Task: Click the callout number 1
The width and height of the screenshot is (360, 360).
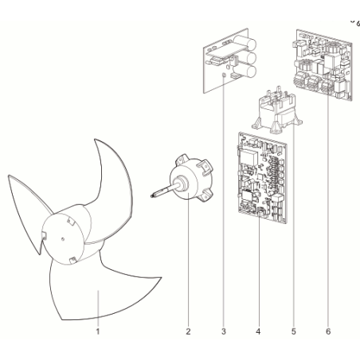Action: (98, 331)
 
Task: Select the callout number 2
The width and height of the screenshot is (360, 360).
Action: (188, 331)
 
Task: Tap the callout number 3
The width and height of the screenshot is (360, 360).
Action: (223, 331)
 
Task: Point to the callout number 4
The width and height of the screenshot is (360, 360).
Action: (258, 331)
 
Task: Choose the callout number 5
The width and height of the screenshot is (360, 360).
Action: (293, 331)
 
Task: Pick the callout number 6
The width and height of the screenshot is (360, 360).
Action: (328, 331)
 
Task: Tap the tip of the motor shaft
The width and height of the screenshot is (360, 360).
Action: (151, 196)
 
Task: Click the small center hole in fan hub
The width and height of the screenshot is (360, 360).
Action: (63, 239)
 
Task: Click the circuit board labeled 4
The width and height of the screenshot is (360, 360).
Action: (262, 178)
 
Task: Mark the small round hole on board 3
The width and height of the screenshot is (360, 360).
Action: (224, 76)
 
